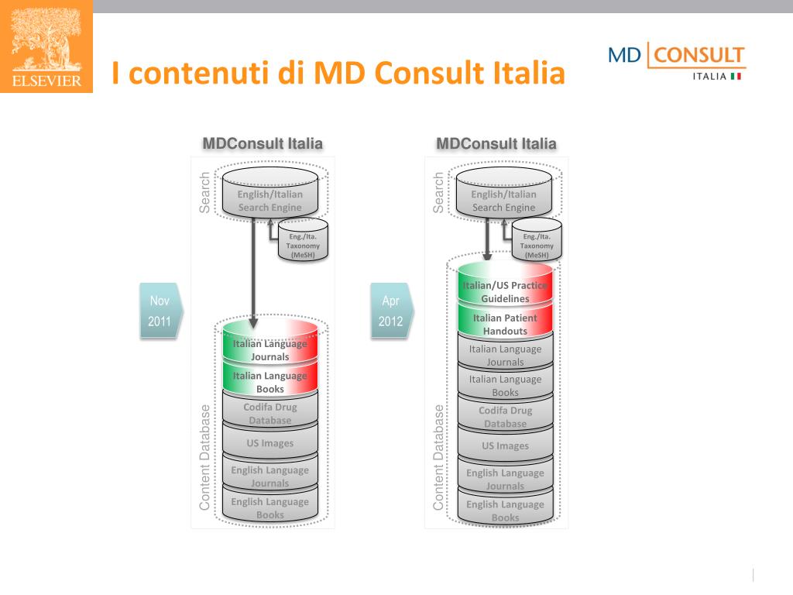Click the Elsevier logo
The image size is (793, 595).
point(46,46)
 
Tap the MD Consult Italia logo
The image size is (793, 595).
point(675,62)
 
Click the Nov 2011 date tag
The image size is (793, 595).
point(160,311)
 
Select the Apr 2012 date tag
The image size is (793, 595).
point(391,311)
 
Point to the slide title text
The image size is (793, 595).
point(338,74)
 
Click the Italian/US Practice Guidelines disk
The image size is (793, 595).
point(505,291)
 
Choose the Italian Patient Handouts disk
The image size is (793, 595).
point(505,324)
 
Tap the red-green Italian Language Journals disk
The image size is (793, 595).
point(269,350)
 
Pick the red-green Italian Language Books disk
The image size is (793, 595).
point(269,382)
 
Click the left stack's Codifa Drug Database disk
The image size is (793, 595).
point(269,413)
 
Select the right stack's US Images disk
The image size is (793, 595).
point(505,445)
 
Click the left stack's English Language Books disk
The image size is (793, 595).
point(269,507)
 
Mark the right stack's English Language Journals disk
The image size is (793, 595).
point(505,479)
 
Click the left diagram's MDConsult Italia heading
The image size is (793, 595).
point(263,143)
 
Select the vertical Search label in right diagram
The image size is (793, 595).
point(439,192)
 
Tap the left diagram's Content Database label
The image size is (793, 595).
point(204,457)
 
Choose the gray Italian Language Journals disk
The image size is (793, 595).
point(505,355)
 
